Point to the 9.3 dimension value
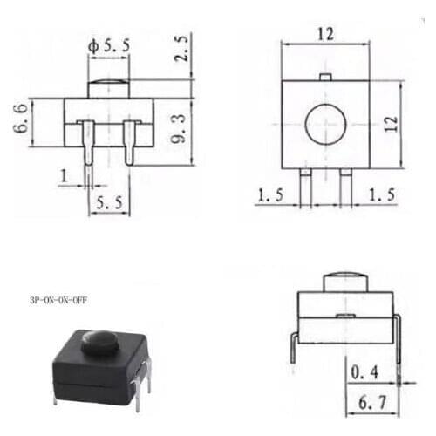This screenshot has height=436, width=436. pos(180,130)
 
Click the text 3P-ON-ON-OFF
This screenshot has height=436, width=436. pos(58,300)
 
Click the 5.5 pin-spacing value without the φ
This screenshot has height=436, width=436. pos(108,202)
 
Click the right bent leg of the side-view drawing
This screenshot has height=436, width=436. pos(398,340)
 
